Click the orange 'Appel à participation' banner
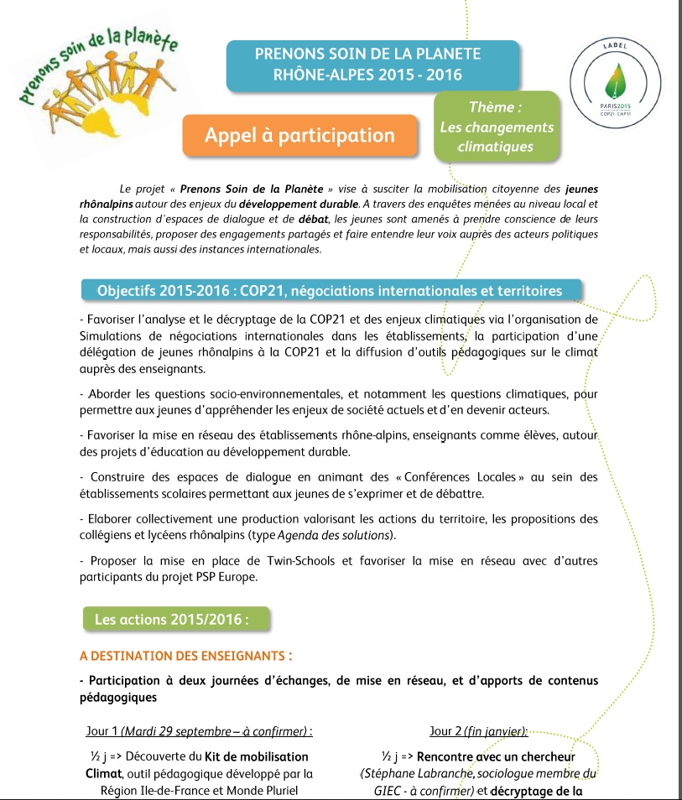click(x=299, y=135)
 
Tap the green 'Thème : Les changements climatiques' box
click(x=497, y=127)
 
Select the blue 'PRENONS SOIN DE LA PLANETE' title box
click(x=367, y=65)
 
